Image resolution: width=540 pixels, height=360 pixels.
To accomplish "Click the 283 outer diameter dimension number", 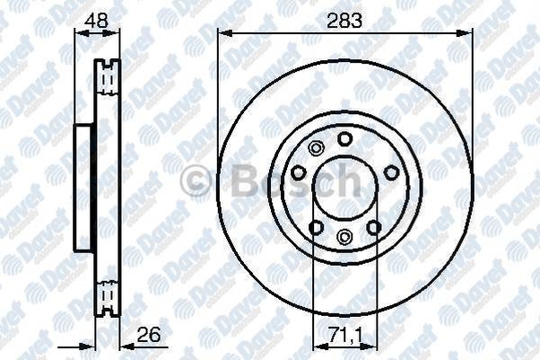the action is pyautogui.click(x=344, y=21).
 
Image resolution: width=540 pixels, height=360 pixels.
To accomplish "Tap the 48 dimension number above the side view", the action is pyautogui.click(x=97, y=21).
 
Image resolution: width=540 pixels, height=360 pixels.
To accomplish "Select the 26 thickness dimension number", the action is pyautogui.click(x=149, y=335).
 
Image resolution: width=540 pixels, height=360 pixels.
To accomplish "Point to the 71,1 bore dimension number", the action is pyautogui.click(x=345, y=335).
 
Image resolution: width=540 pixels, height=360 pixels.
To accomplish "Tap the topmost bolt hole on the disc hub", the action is pyautogui.click(x=344, y=138).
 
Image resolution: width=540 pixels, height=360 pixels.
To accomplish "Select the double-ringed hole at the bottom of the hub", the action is pyautogui.click(x=344, y=236).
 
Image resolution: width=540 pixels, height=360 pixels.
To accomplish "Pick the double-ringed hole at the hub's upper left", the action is pyautogui.click(x=316, y=148).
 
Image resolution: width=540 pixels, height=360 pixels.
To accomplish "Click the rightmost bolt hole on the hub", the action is pyautogui.click(x=392, y=172).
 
